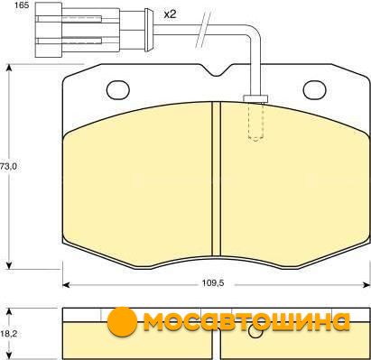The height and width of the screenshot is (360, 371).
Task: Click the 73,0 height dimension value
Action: point(8,166)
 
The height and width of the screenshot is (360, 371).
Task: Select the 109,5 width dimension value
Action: point(213,283)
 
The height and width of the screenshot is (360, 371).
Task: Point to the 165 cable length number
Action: point(22,5)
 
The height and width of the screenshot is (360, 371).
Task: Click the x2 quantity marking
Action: point(170,14)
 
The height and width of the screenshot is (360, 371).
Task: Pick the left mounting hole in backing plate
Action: point(118,90)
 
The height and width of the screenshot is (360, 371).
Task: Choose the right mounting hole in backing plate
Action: point(315,90)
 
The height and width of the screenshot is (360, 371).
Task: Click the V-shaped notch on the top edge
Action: point(217,70)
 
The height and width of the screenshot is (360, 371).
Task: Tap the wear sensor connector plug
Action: point(78,30)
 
